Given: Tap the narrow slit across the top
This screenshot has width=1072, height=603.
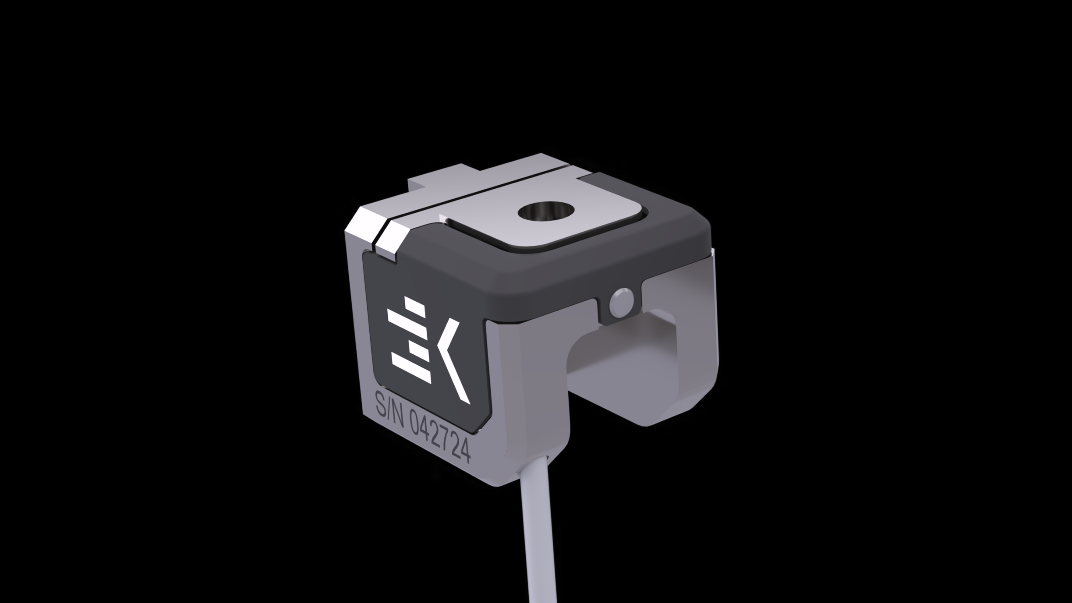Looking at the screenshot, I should point(482,197).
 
